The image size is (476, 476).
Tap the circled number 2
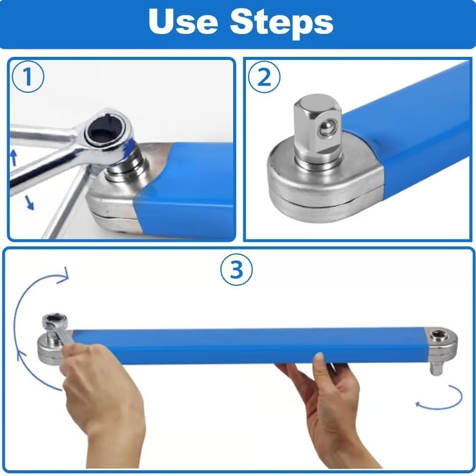tap(264, 78)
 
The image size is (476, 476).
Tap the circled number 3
tap(237, 269)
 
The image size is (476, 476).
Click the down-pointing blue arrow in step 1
tap(29, 202)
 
